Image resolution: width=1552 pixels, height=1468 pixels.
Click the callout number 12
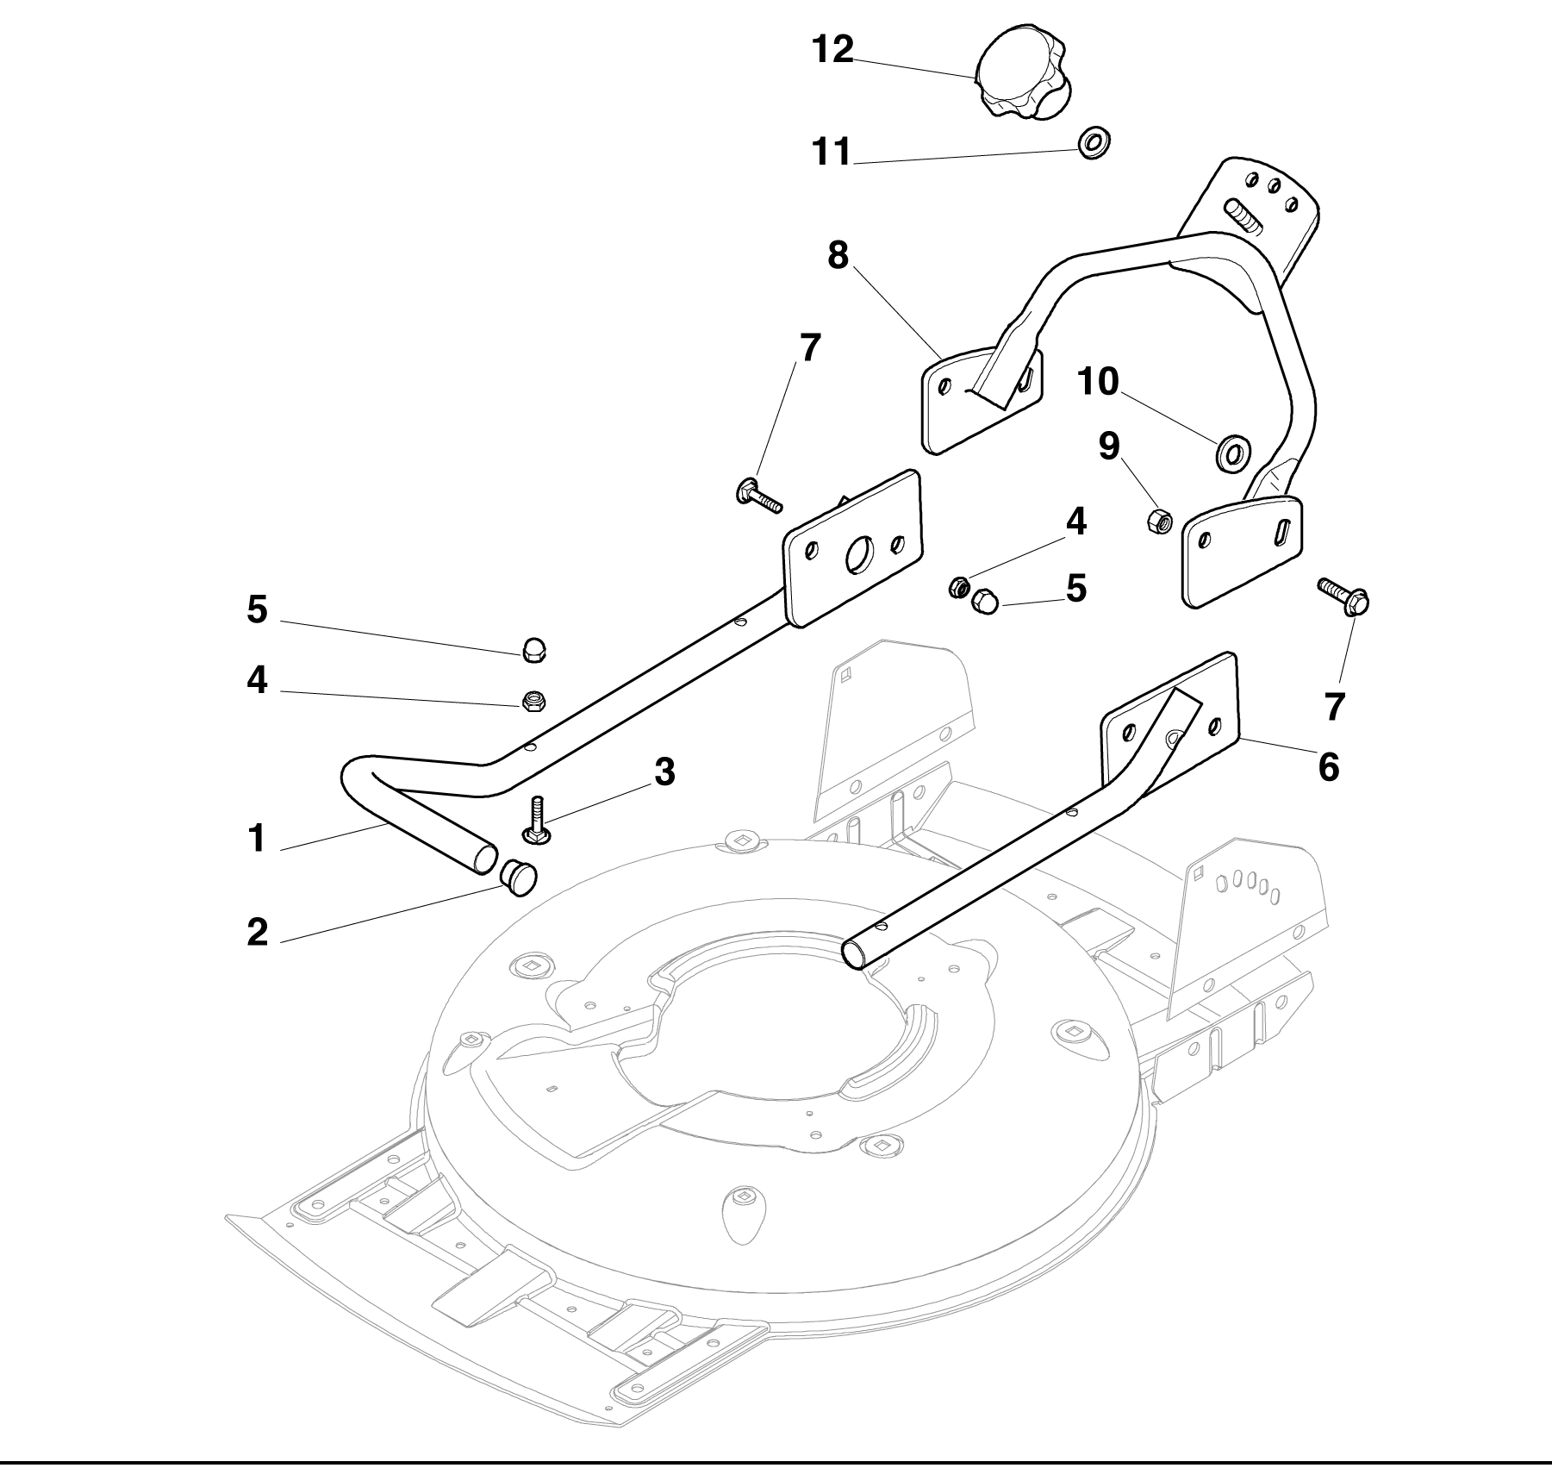pos(832,49)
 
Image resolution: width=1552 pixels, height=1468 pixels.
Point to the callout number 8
pos(838,255)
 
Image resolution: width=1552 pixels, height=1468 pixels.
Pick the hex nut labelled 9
pos(1158,521)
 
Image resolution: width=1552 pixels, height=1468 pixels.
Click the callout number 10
pos(1098,381)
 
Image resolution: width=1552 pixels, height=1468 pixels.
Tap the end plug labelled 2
pos(518,878)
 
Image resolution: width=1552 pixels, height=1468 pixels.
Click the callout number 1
pos(256,838)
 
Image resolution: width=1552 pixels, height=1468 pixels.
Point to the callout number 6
pos(1329,766)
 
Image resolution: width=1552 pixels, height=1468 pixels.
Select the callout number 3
pos(664,772)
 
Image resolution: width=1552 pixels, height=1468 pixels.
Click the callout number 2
pos(258,932)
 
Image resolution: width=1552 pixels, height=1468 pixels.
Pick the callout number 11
pos(831,152)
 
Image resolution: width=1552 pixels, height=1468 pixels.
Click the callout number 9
pos(1109,446)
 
